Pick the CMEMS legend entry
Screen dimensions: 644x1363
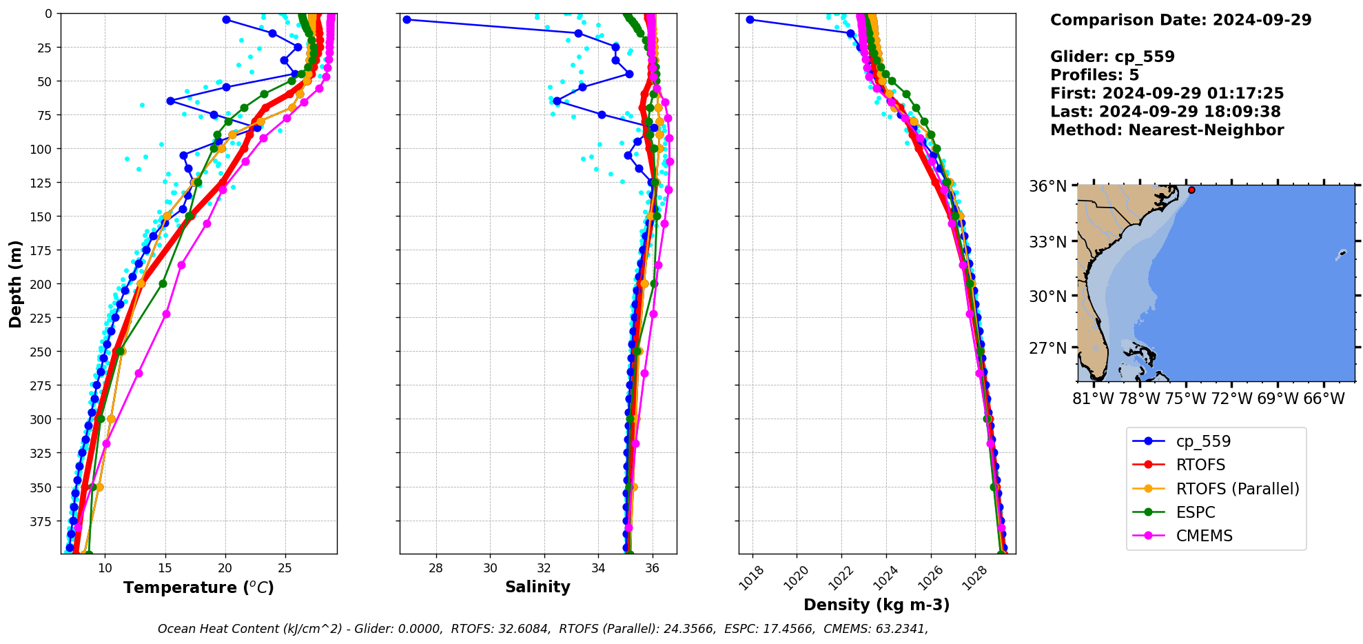coord(1204,536)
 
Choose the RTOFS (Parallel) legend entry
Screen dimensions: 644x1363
coord(1237,489)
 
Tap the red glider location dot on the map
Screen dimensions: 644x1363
coord(1191,190)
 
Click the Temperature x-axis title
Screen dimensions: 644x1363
coord(198,587)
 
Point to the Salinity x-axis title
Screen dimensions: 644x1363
coord(537,587)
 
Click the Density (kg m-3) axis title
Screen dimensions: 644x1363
coord(877,605)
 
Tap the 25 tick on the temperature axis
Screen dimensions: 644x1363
coord(285,568)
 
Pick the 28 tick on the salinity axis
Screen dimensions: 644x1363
coord(435,568)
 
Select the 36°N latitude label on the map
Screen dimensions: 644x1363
coord(1047,187)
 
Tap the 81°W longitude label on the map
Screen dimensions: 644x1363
coord(1093,399)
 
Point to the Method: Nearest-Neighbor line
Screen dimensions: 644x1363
coord(1167,130)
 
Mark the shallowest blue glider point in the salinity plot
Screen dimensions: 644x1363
coord(407,20)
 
